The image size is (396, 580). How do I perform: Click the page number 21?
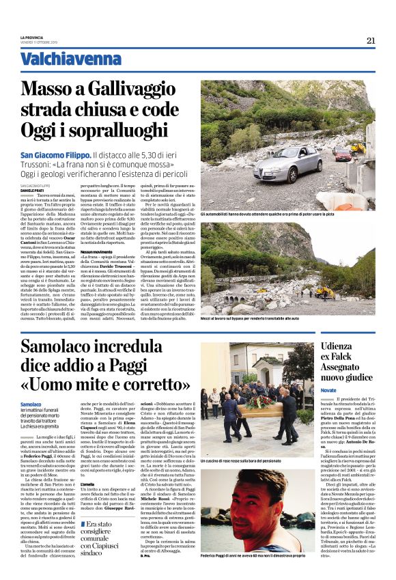tap(371, 40)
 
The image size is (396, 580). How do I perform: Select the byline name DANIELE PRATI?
tap(32, 189)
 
